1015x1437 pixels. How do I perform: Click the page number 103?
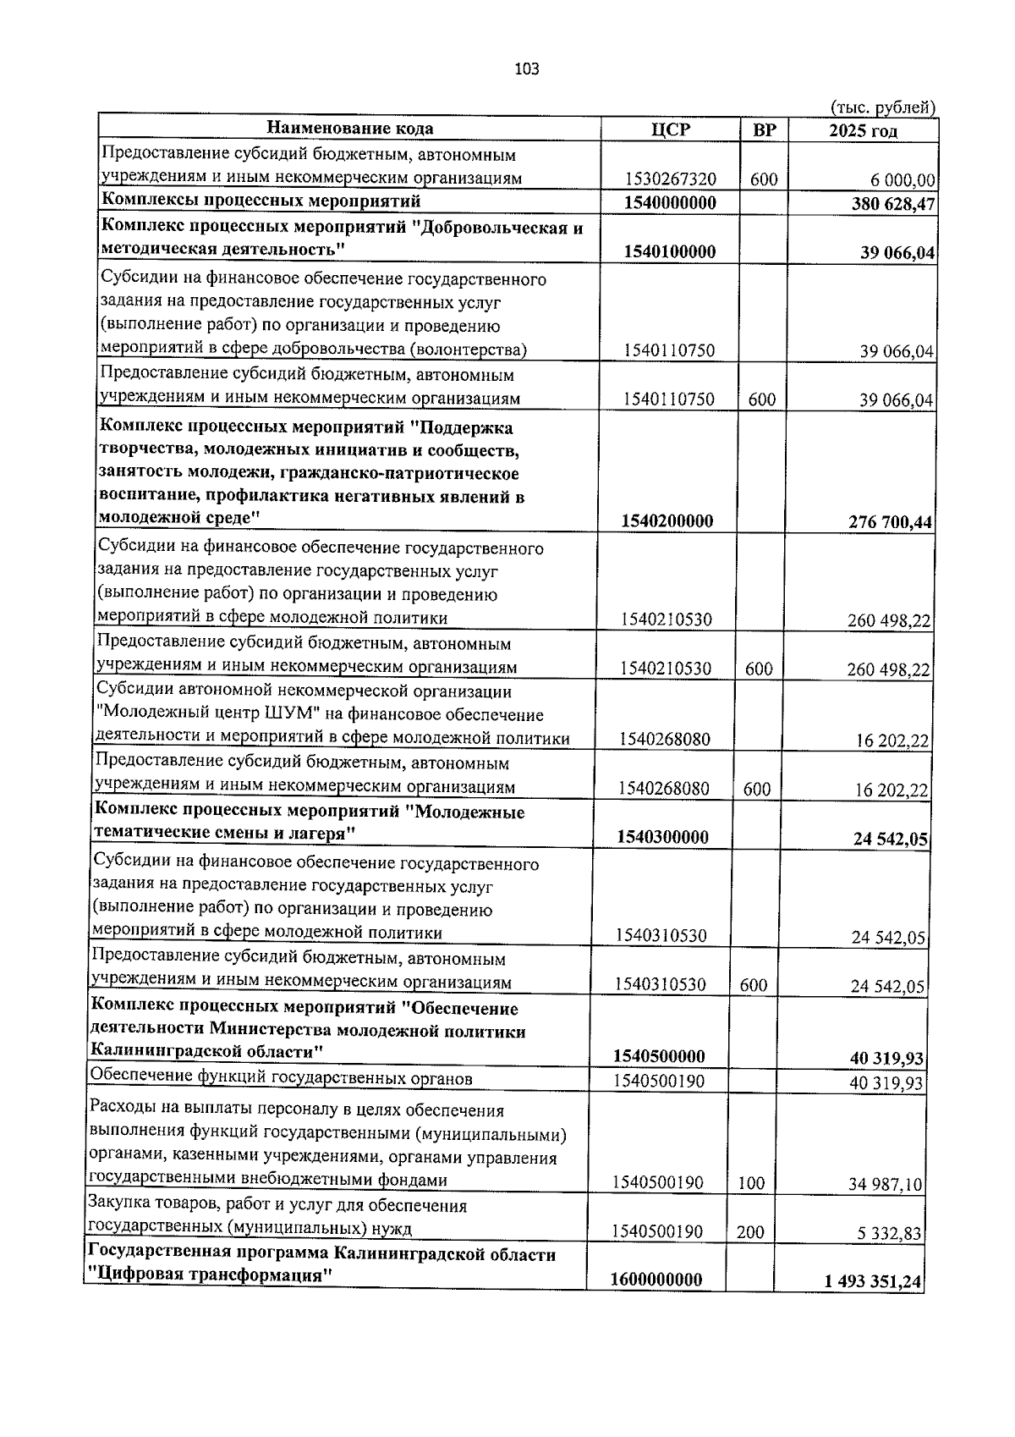tap(527, 69)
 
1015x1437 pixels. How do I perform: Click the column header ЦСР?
tap(671, 129)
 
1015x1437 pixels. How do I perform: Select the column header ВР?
tap(764, 129)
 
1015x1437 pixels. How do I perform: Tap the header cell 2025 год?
tap(863, 130)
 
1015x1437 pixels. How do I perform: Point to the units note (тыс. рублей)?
tap(883, 107)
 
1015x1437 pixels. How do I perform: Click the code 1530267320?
tap(671, 179)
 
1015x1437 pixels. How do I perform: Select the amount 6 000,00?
tap(897, 180)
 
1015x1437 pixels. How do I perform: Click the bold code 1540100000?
tap(670, 251)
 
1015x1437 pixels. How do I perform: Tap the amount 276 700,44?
tap(890, 522)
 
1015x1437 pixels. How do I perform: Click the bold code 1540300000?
tap(662, 837)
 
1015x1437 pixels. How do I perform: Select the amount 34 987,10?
tap(886, 1185)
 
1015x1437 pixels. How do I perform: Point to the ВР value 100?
tap(751, 1183)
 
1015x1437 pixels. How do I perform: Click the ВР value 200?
tap(749, 1232)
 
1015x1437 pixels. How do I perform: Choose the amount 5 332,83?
tap(891, 1234)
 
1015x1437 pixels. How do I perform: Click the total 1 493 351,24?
tap(872, 1282)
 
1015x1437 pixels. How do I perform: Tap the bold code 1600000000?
tap(656, 1280)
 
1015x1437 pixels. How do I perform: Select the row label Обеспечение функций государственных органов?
tap(281, 1077)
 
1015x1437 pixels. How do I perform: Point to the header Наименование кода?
tap(350, 129)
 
